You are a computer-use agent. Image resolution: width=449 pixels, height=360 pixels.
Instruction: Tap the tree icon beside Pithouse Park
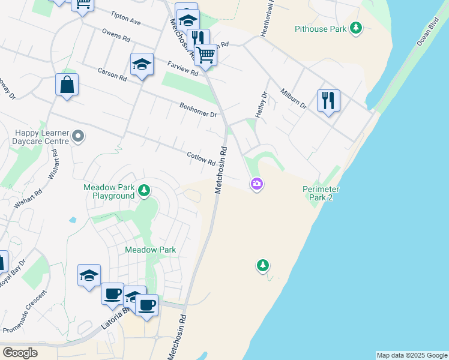tap(357, 28)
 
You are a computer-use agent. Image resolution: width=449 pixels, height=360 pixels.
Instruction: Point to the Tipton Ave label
tap(125, 18)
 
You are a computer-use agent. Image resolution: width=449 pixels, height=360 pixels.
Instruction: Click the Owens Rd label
tap(116, 37)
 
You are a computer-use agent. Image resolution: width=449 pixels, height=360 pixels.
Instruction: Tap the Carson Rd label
tap(112, 74)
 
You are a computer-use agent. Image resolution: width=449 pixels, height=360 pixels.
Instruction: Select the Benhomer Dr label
tap(197, 110)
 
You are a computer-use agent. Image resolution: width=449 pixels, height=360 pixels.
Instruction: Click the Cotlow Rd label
tap(201, 158)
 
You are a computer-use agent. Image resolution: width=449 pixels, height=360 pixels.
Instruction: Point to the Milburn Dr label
tap(294, 98)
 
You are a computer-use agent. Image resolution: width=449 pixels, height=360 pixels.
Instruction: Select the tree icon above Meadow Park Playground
tap(144, 191)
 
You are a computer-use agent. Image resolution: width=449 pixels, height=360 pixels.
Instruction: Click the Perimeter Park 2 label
tap(321, 193)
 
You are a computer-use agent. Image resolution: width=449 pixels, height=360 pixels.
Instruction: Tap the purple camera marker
tap(257, 184)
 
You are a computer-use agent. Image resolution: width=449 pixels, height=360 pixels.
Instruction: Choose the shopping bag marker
tap(67, 85)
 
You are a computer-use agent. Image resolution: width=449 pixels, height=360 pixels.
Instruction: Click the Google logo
tap(19, 352)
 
